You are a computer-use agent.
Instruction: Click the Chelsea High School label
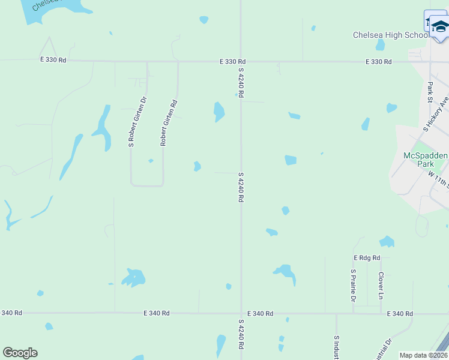390,35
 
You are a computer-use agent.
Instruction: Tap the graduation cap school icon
440,26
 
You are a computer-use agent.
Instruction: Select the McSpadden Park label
425,159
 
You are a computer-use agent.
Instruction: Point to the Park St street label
430,92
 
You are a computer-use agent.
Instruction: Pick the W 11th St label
439,179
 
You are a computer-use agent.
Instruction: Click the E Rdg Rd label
367,257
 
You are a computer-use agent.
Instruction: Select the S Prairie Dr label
354,286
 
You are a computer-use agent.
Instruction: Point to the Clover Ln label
381,285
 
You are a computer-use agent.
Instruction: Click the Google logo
20,352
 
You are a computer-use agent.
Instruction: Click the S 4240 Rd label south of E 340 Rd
241,334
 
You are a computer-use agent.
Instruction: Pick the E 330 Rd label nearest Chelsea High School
379,62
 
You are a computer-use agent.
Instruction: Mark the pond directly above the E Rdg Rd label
387,242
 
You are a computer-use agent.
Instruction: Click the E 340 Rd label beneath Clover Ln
400,314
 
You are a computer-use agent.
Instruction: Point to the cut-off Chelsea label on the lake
44,5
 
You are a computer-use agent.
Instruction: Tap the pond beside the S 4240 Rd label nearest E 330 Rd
219,111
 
